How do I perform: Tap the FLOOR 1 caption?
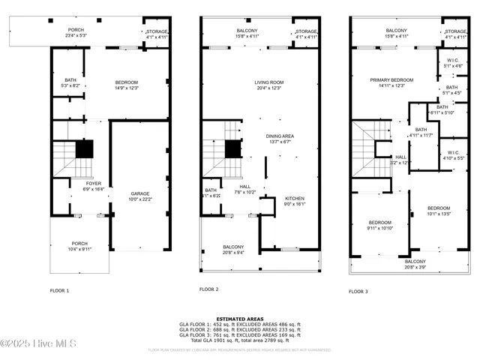tap(59, 290)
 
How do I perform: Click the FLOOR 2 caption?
tap(208, 289)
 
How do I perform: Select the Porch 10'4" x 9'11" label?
tap(79, 246)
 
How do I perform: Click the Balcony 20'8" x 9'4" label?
tap(233, 250)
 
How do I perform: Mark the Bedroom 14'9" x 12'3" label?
tap(126, 85)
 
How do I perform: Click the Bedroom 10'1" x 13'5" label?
tap(439, 210)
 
